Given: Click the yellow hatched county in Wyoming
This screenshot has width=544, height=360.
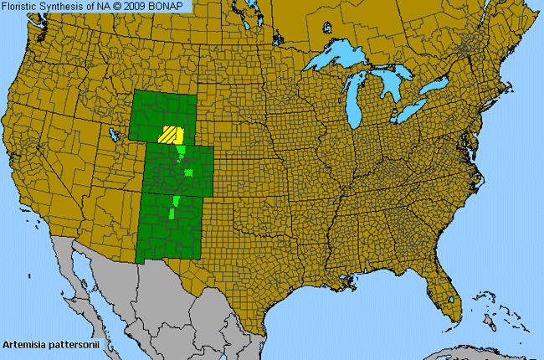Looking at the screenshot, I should (172, 135).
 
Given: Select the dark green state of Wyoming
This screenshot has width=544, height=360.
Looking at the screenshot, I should (163, 113).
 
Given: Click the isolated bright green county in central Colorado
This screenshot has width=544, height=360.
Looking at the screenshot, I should (188, 172).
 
